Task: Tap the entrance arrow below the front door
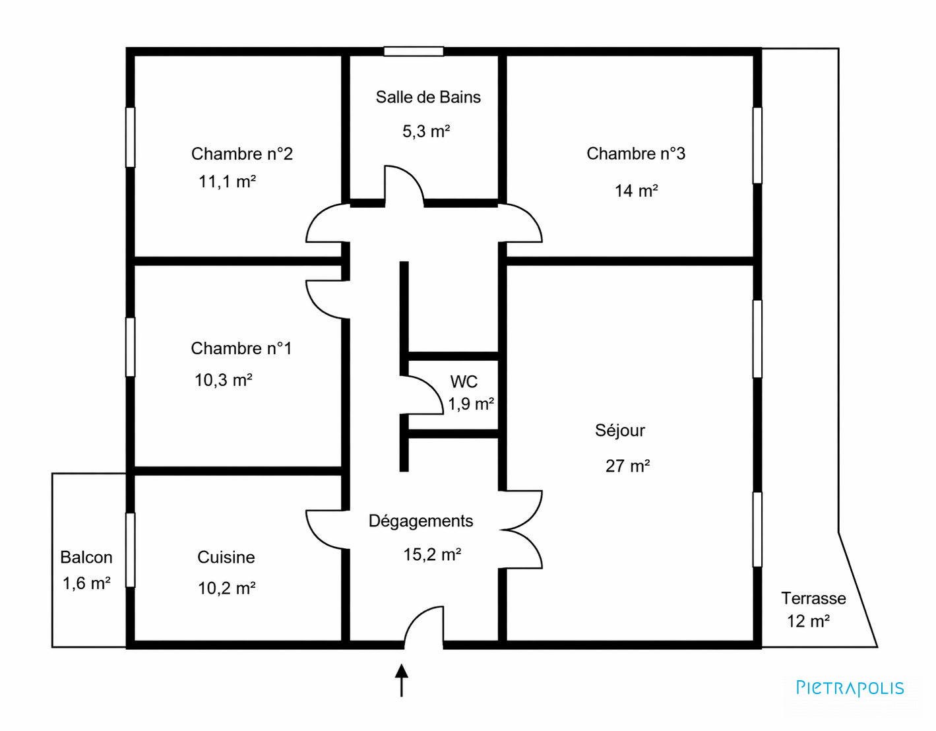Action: (402, 680)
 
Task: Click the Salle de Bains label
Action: (427, 98)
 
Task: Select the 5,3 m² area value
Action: (426, 131)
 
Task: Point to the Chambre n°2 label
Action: (241, 154)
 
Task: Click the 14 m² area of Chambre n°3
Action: (636, 191)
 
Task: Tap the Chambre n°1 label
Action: (241, 348)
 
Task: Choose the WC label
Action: (464, 381)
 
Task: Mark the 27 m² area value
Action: (627, 466)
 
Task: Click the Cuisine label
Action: (226, 557)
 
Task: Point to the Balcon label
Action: (86, 557)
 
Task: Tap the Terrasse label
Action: (813, 598)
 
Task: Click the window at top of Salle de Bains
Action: (414, 51)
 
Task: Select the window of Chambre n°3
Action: (757, 145)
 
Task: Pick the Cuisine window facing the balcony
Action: (130, 550)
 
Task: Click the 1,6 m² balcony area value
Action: (86, 583)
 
